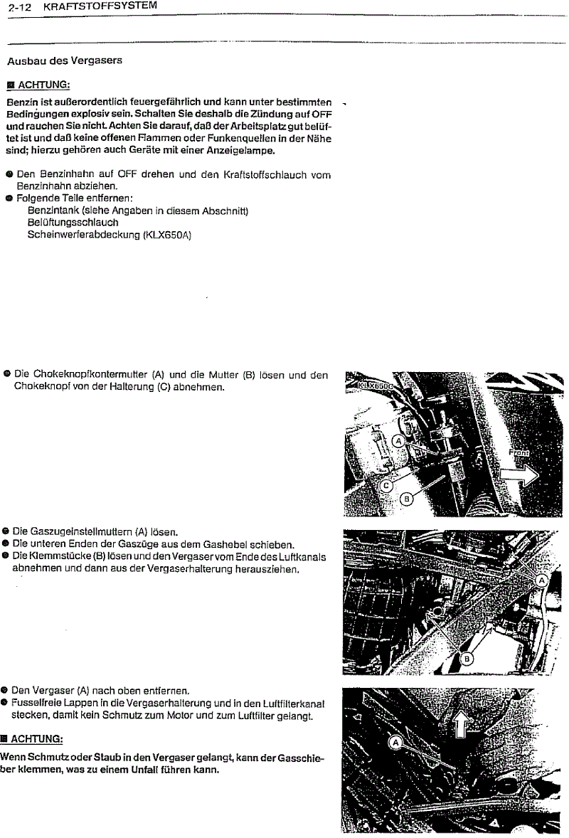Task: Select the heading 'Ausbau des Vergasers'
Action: [65, 60]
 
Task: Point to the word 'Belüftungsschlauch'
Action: [73, 223]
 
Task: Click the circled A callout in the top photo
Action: [399, 441]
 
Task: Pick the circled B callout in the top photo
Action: [408, 499]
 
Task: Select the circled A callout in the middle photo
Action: [541, 580]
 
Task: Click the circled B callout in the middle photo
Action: [467, 658]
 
